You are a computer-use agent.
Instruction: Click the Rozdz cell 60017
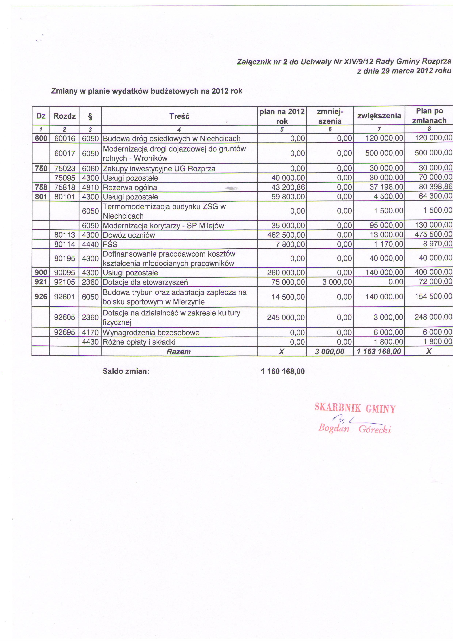65,153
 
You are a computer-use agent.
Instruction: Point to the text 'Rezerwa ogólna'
130,188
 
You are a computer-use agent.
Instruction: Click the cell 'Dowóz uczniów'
129,235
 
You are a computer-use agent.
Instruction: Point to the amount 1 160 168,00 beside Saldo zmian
283,371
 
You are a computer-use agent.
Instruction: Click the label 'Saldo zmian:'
126,371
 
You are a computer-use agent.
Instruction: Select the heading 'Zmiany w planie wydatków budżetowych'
147,91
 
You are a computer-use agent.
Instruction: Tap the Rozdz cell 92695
65,332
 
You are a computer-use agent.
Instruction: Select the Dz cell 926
41,296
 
